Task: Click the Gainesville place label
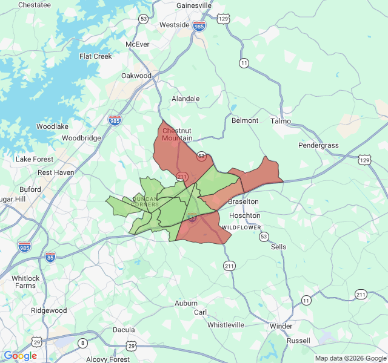click(x=194, y=5)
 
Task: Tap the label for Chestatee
click(x=35, y=5)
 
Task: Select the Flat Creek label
click(x=96, y=57)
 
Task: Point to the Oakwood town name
click(x=136, y=76)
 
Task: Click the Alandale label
click(x=186, y=99)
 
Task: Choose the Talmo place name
click(x=281, y=121)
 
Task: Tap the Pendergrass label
click(x=318, y=145)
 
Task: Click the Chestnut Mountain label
click(x=177, y=135)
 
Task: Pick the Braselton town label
click(x=243, y=201)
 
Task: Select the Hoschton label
click(x=245, y=215)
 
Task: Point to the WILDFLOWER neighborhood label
click(x=241, y=227)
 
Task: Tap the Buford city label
click(x=30, y=189)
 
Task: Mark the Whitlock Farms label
click(x=25, y=282)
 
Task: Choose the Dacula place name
click(x=124, y=330)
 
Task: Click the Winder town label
click(x=281, y=326)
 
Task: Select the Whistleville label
click(x=226, y=325)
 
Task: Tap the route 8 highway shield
click(x=82, y=344)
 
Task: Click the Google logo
click(x=21, y=356)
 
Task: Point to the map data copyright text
click(x=350, y=358)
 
